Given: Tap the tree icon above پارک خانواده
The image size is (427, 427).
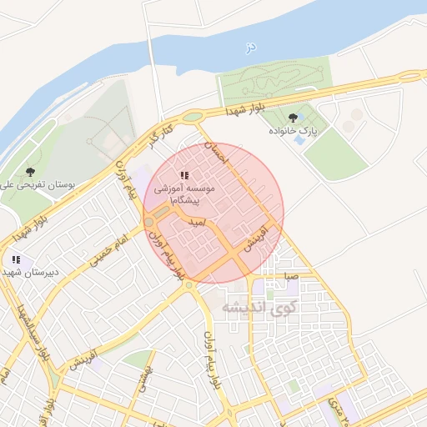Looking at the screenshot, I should (x=292, y=118).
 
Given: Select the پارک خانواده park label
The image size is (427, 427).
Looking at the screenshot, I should (x=293, y=132).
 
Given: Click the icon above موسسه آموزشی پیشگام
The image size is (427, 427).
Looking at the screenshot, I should (x=184, y=175).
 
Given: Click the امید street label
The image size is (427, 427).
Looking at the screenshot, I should (x=197, y=224).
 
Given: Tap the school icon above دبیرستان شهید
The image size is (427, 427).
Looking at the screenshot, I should (x=15, y=260).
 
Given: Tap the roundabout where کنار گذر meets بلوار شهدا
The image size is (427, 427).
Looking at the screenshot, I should (x=193, y=117).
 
